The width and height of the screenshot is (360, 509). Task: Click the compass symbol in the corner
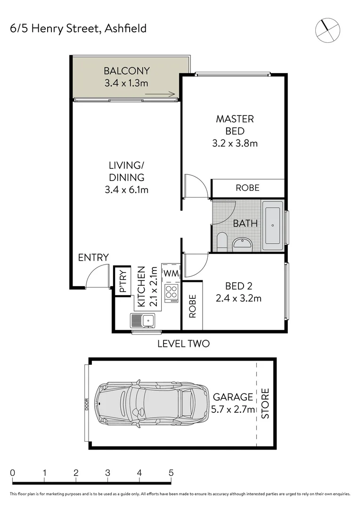coord(327,29)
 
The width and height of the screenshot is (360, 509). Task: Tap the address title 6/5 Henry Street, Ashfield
coord(78,28)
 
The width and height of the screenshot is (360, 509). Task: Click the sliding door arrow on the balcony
coord(160,95)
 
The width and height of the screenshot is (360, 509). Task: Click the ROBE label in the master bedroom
coord(247,188)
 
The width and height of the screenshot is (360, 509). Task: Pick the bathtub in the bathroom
coord(272,225)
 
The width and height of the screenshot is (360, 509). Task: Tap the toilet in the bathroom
coord(221,242)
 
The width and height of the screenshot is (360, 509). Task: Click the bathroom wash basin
coord(243,244)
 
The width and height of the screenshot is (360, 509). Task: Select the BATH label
coord(245,223)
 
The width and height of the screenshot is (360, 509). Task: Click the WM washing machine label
coord(170,273)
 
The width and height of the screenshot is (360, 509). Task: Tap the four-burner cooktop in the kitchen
coord(171,293)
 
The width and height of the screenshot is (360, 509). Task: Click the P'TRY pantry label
coord(122,282)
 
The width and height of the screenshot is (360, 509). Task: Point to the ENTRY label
coord(93,257)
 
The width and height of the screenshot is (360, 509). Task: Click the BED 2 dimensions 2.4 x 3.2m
coord(238,298)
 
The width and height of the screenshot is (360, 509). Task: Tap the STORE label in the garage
coord(265,403)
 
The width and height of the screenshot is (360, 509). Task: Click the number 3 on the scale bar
coord(107,473)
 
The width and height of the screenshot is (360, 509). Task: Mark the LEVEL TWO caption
coord(183,344)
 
